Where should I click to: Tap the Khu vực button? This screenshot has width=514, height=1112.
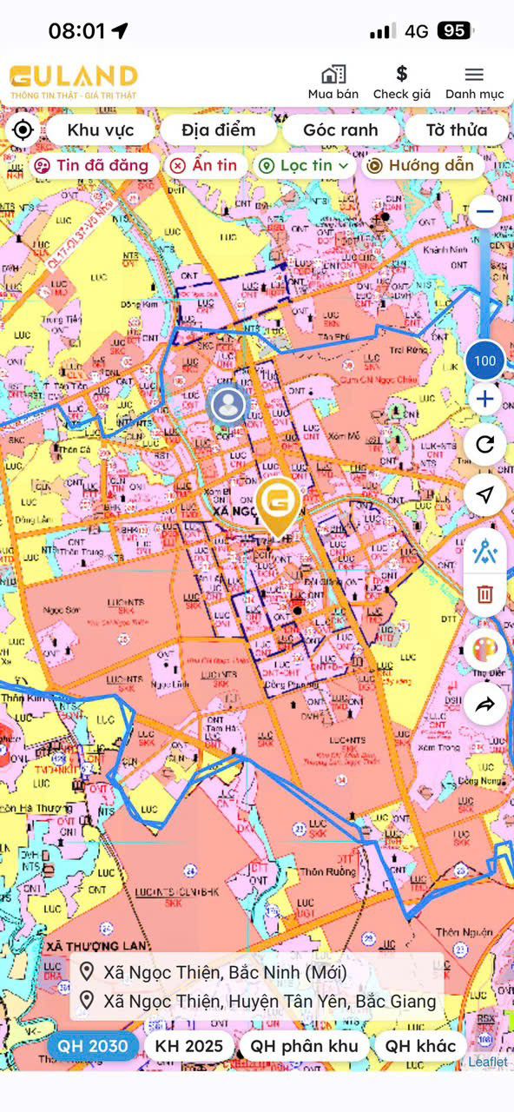[101, 130]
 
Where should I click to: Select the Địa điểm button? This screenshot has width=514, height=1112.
[219, 130]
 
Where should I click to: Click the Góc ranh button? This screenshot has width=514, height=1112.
[340, 130]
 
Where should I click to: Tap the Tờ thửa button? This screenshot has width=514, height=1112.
[456, 130]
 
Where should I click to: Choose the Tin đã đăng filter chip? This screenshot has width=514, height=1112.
[93, 165]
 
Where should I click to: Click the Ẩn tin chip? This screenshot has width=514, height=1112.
[203, 165]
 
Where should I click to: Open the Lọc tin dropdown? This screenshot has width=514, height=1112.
[304, 165]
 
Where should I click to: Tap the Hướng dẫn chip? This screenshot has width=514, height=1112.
[422, 165]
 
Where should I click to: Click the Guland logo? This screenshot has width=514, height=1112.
[74, 81]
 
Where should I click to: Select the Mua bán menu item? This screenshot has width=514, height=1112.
[333, 81]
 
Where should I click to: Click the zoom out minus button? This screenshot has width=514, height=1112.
[484, 211]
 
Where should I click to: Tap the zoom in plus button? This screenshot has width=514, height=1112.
[484, 400]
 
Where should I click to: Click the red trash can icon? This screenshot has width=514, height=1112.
[484, 594]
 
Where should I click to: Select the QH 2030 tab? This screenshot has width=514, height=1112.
[94, 1046]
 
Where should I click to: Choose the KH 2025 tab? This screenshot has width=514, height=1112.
[189, 1046]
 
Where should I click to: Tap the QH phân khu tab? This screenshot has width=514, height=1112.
[304, 1046]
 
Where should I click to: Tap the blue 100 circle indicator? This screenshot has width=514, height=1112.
[485, 361]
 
